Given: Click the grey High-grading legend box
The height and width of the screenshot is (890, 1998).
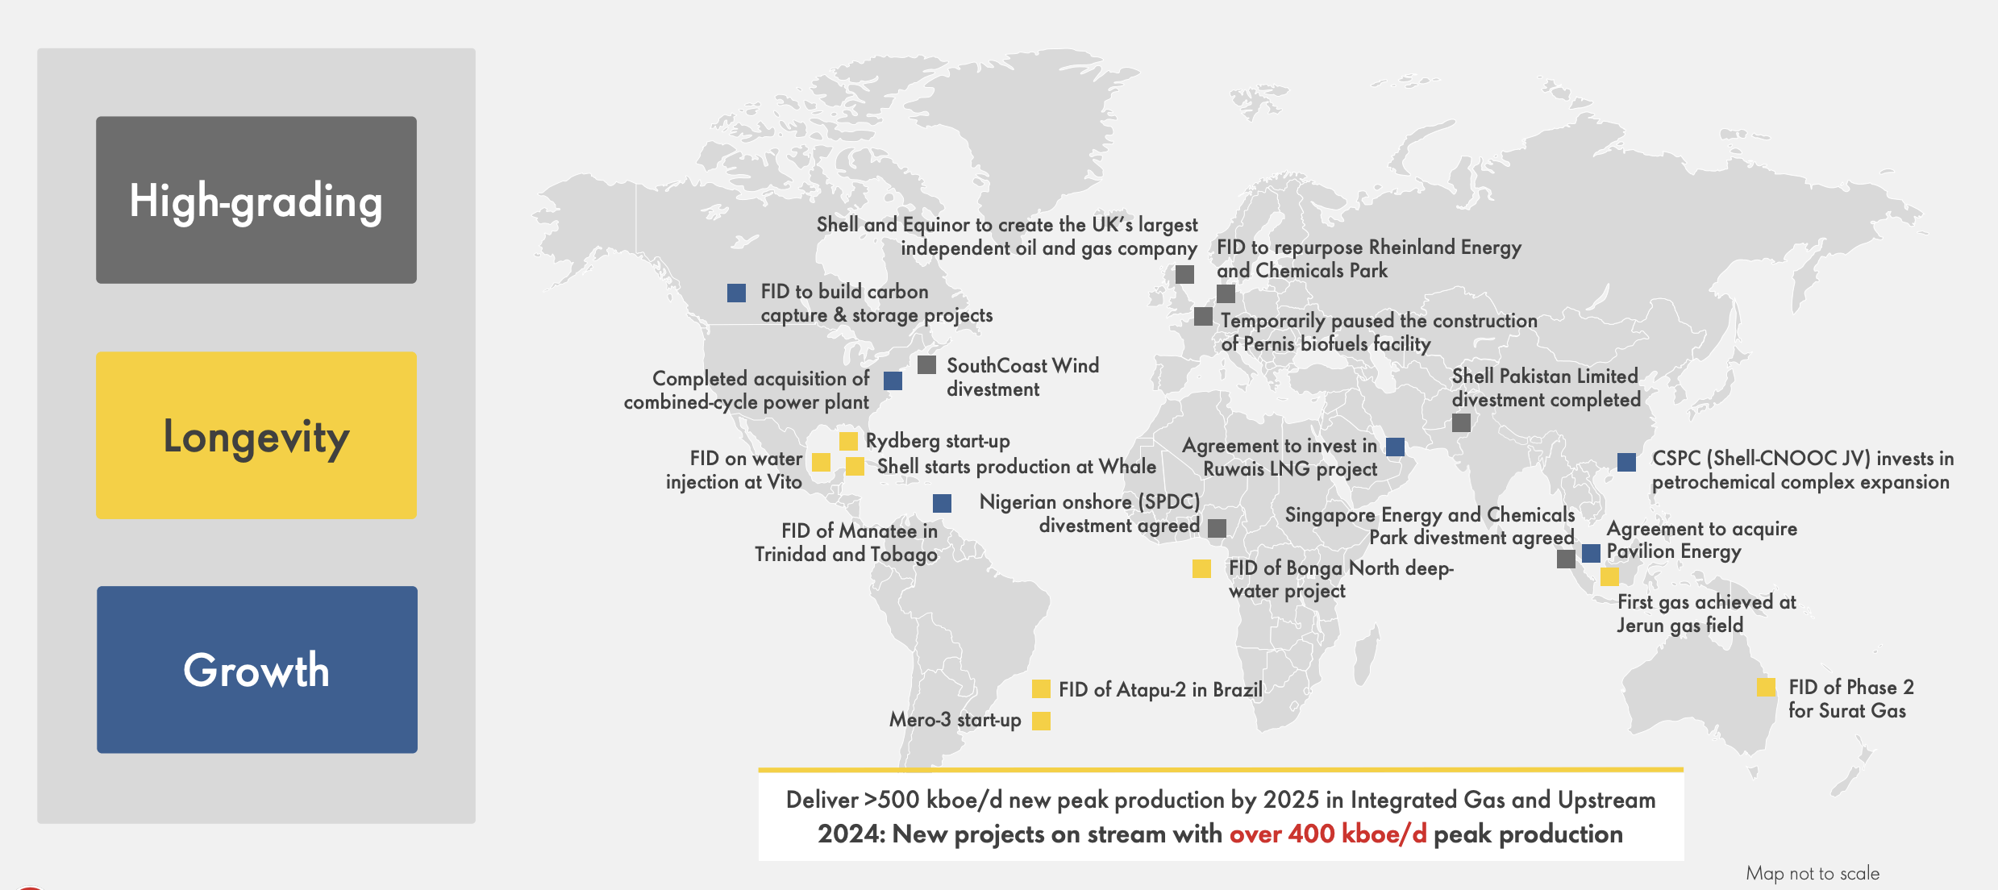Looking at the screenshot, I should point(256,200).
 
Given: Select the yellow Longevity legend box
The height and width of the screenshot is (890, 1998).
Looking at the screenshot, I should point(256,435).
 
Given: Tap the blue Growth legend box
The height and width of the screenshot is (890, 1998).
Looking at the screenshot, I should point(256,670).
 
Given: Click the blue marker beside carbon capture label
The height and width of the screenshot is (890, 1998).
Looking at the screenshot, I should point(736,293).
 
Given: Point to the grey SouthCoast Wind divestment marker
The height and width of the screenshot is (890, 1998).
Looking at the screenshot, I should point(926,365).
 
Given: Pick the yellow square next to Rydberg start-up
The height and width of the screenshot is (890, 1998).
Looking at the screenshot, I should point(848,441).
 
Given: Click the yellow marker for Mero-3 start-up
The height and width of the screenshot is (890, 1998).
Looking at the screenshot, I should point(1041,721).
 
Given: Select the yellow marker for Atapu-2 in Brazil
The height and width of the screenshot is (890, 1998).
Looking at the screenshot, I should point(1041,689).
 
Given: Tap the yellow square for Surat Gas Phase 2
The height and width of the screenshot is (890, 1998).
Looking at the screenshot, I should point(1766,687).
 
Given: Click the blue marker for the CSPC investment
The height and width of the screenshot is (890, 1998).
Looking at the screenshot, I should point(1626,462).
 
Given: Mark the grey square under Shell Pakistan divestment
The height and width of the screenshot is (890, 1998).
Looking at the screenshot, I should point(1461,422).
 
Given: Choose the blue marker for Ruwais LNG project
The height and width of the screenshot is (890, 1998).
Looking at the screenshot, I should point(1395,447).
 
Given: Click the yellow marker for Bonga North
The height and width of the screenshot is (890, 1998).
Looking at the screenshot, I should point(1201,569).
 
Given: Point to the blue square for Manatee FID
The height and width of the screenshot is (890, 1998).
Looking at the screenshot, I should point(942,504).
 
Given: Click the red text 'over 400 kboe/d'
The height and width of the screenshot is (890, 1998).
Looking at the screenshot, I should point(1327,834).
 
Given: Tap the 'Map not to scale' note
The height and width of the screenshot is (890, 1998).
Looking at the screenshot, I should point(1812,873).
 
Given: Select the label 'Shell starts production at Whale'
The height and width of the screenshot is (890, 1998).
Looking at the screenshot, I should point(1016,467).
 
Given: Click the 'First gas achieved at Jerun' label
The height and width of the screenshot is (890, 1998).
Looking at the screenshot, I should point(1706,613).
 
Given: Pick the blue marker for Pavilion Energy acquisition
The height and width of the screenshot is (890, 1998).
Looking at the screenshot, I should point(1591,553).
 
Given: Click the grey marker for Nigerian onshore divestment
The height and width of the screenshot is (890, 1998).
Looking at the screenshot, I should point(1218,528).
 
